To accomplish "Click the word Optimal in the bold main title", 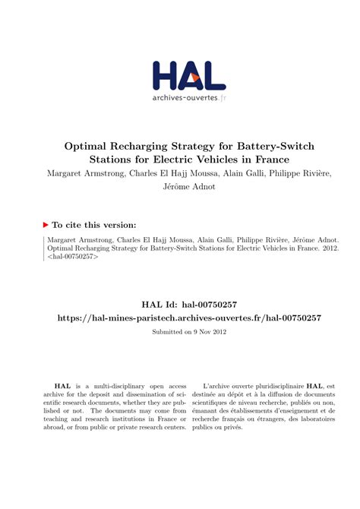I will pyautogui.click(x=87, y=146).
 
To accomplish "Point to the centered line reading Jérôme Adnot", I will pyautogui.click(x=179, y=187).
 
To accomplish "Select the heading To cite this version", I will pyautogui.click(x=95, y=225).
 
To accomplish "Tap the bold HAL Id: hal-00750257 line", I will pyautogui.click(x=180, y=304).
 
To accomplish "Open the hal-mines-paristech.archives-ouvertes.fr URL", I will pyautogui.click(x=180, y=318).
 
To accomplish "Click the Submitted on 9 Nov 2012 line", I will pyautogui.click(x=180, y=332).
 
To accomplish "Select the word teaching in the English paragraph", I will pyautogui.click(x=59, y=417).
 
